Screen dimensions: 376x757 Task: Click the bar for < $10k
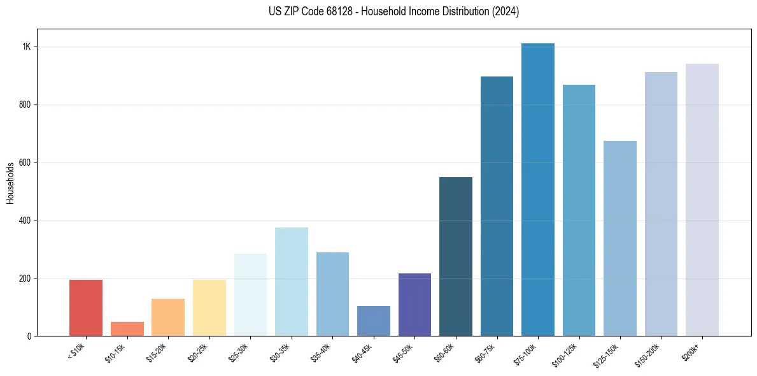(x=86, y=308)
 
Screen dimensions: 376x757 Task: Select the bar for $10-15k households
(x=127, y=329)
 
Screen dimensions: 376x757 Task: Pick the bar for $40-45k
(x=374, y=321)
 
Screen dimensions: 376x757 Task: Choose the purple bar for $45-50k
(x=414, y=305)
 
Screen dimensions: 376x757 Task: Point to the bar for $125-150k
(x=620, y=238)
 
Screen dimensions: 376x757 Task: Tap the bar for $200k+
(x=702, y=200)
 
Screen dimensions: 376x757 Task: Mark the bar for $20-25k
(x=209, y=308)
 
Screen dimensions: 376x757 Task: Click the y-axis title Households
(x=10, y=183)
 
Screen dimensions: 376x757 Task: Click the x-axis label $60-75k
(x=487, y=352)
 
